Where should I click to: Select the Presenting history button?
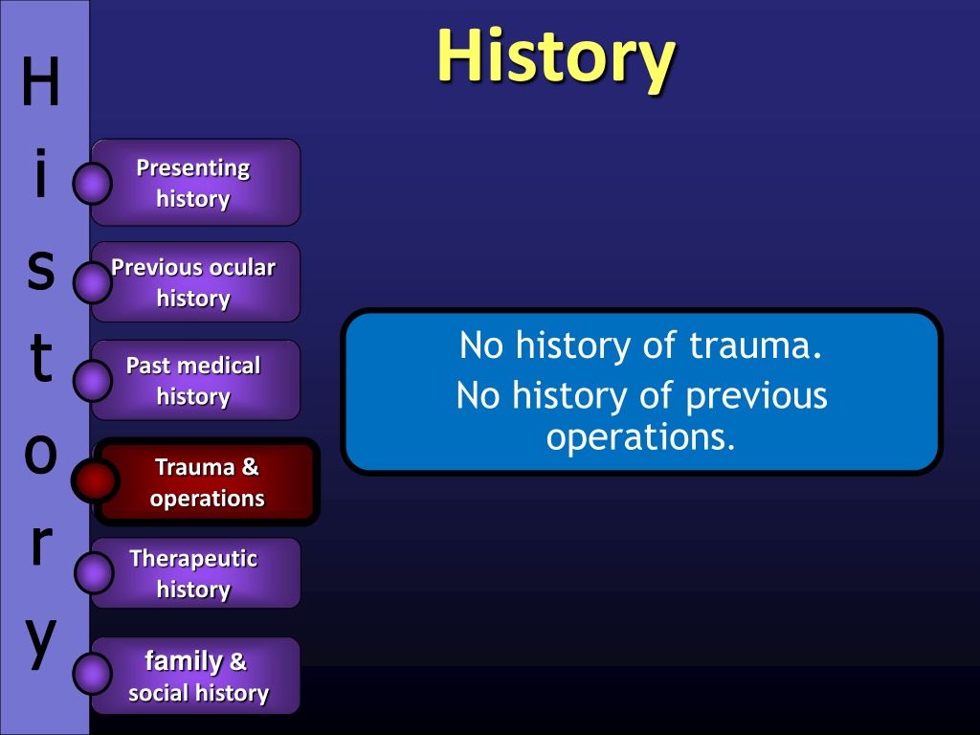click(196, 183)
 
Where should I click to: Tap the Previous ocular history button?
click(196, 282)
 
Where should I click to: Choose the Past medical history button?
click(196, 380)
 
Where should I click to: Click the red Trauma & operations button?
click(207, 482)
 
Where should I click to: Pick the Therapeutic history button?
click(196, 572)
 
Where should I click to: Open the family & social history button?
click(196, 676)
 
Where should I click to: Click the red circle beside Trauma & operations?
click(95, 480)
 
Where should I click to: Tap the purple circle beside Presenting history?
click(92, 184)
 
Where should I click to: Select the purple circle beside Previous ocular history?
click(92, 282)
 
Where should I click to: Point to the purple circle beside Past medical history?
click(92, 380)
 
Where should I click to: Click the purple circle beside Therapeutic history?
click(93, 572)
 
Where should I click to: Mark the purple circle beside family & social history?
click(92, 674)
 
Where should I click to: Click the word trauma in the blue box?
click(756, 345)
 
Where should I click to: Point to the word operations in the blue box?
click(640, 436)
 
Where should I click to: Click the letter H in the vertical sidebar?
click(40, 81)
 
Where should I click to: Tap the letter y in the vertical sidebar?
click(41, 642)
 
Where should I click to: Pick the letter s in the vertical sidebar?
click(41, 271)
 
